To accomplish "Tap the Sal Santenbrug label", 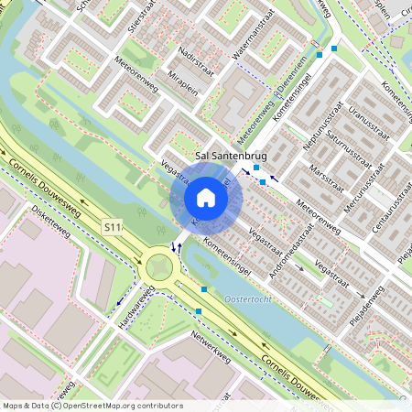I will (x=239, y=157).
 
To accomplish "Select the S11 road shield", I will (x=113, y=225).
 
